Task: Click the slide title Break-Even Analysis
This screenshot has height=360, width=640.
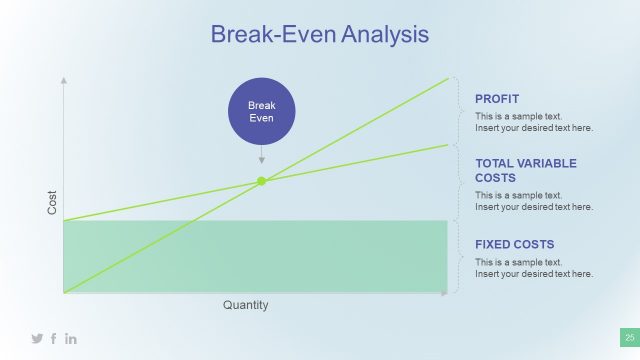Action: point(319,34)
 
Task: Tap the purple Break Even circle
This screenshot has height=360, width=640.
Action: point(261,110)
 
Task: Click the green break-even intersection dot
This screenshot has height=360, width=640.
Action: point(262,181)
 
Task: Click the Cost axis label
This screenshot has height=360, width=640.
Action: point(53,204)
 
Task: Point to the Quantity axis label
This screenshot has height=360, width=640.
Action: point(245,305)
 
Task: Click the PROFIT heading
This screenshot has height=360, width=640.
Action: point(497,99)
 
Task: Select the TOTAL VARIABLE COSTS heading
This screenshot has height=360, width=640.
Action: point(525,170)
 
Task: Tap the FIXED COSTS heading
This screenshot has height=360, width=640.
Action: point(514,244)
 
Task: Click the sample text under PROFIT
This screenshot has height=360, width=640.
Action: point(533,122)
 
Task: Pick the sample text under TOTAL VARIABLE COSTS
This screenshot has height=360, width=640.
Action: point(533,201)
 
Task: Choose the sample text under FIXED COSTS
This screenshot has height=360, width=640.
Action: point(533,268)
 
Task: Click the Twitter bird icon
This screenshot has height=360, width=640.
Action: point(37,339)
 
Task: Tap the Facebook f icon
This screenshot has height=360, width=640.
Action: point(54,339)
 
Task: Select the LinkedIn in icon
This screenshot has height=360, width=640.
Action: point(71,339)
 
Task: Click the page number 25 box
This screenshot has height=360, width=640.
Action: point(630,338)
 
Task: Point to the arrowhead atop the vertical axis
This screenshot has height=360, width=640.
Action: point(64,78)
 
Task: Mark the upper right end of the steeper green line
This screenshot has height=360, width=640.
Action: point(447,78)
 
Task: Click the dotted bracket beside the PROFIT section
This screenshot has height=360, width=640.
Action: point(458,112)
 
